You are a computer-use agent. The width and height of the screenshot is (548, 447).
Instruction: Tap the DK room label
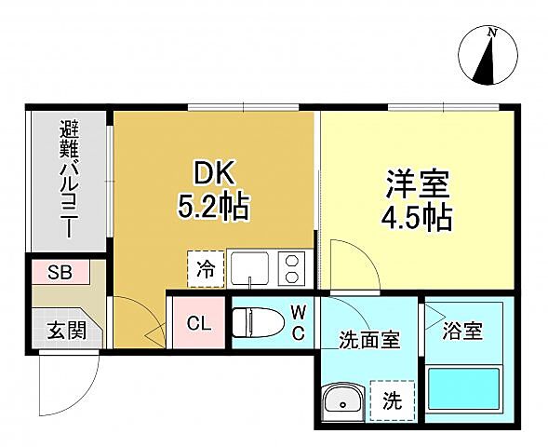215,172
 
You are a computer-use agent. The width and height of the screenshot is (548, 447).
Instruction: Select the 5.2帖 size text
214,206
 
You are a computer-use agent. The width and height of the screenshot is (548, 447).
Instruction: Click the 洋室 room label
417,183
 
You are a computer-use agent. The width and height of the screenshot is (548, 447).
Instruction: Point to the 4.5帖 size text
418,217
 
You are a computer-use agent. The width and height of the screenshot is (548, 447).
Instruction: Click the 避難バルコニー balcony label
68,179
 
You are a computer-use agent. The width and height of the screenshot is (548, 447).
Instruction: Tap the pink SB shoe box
60,272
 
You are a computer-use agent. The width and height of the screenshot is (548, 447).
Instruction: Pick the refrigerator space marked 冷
206,270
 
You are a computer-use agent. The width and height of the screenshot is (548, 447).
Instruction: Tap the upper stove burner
293,260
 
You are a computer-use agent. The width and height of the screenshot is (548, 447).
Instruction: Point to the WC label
300,321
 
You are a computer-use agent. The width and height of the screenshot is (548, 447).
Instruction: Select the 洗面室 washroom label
368,340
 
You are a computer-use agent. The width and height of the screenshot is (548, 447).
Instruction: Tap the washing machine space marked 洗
392,401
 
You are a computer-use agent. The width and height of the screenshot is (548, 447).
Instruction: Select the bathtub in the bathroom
465,389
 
